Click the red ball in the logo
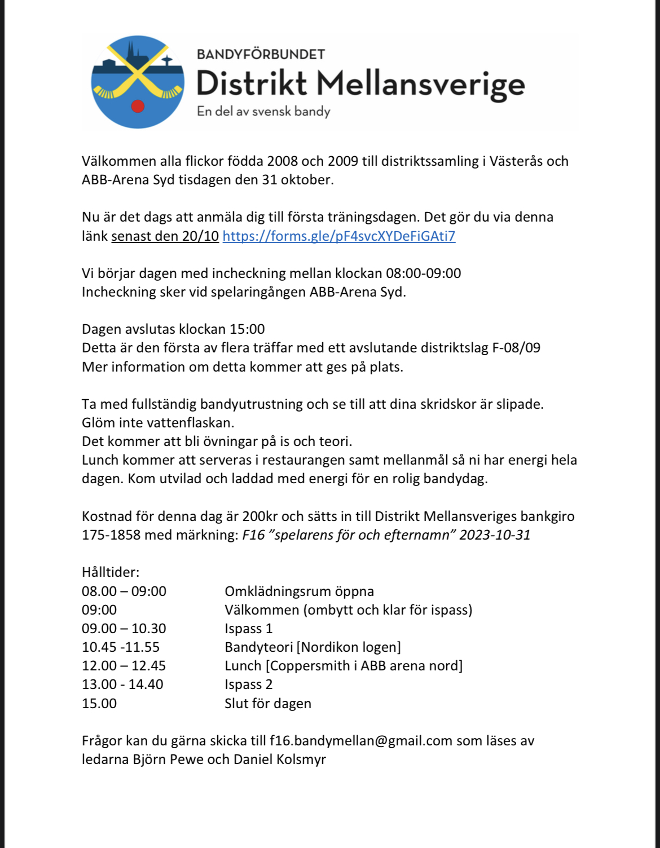coord(138,105)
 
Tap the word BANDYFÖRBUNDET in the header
coord(261,54)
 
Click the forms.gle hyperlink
coord(338,236)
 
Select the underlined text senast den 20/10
coord(165,236)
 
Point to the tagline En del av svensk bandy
coord(263,111)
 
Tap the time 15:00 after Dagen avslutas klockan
coord(247,329)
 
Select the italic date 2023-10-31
coord(495,535)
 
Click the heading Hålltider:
coord(111,572)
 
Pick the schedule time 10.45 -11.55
coord(121,647)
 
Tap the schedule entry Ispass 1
coord(248,628)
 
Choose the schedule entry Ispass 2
coord(248,684)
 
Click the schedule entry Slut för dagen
coord(268,703)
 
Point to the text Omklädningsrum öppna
coord(299,591)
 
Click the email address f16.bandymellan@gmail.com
coord(361,740)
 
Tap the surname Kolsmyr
coord(301,759)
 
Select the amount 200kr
coord(259,516)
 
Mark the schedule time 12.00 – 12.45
coord(124,665)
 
